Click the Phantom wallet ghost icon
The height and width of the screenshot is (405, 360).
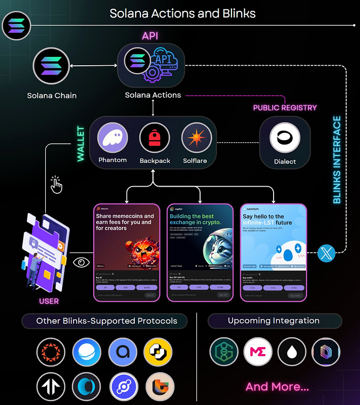[112, 138]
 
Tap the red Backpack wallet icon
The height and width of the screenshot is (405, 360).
[155, 138]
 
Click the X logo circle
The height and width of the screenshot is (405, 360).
[327, 252]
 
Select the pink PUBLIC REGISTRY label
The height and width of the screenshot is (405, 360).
[285, 108]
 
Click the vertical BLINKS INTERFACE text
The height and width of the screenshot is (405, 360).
[337, 160]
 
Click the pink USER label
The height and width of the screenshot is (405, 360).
[49, 301]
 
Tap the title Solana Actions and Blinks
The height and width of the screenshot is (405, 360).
[183, 13]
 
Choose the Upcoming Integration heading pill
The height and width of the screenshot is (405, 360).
[274, 321]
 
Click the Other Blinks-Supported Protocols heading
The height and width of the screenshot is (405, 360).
[106, 321]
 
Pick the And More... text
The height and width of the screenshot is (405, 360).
[277, 386]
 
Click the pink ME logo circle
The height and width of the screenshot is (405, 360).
[258, 352]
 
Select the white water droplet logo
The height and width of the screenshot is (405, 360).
[292, 352]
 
